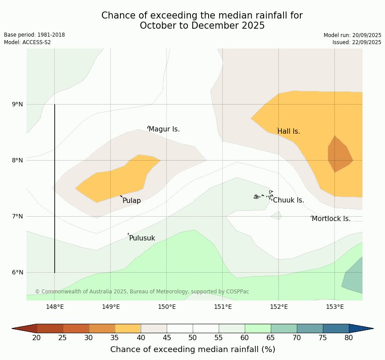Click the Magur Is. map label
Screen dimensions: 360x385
tap(164, 129)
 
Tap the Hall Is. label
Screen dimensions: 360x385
tap(288, 131)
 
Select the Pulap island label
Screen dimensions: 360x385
tap(131, 201)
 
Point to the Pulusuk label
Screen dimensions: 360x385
tap(142, 238)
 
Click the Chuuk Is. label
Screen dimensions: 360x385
tap(288, 200)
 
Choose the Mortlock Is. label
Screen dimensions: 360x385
tap(331, 219)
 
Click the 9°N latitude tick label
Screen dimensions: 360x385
tap(18, 105)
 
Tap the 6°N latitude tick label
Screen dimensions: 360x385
tap(18, 272)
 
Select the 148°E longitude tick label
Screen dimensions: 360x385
tap(55, 307)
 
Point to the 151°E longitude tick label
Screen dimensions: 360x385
tap(223, 307)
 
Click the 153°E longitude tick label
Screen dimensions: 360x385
tap(335, 307)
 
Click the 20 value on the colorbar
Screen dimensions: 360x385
tap(37, 338)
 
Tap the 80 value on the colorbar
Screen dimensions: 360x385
tap(349, 338)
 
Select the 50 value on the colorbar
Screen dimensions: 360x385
tap(193, 338)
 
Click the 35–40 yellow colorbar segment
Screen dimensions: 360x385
tap(128, 328)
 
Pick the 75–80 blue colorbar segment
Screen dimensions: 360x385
tap(336, 328)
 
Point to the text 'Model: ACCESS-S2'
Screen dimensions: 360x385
tap(27, 42)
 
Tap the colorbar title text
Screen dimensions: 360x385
tap(193, 349)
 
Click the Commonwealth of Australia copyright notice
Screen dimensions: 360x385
tap(142, 292)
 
